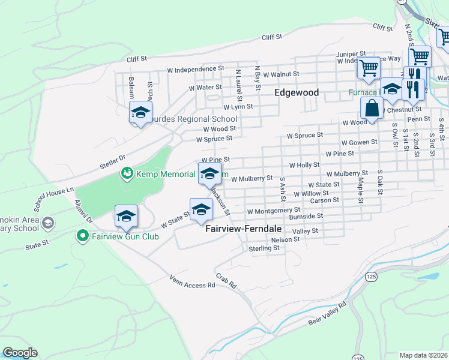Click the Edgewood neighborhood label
(296, 93)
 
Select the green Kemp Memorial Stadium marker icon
(127, 174)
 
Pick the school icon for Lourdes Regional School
(140, 112)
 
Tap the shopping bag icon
(372, 109)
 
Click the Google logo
(20, 353)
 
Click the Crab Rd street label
(226, 279)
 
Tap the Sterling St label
(264, 248)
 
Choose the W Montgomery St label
(273, 211)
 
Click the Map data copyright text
(424, 355)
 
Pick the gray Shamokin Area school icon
(48, 223)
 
